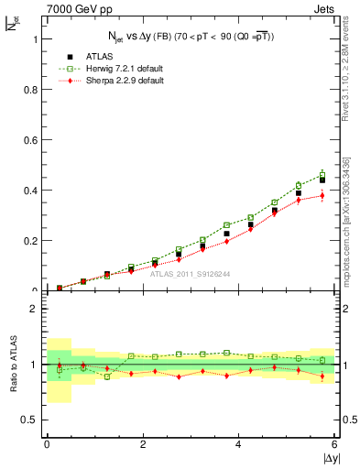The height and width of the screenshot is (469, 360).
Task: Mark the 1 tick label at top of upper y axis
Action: pyautogui.click(x=35, y=39)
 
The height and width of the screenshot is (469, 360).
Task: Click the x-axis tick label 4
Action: pyautogui.click(x=238, y=444)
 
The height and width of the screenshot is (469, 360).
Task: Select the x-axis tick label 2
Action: pyautogui.click(x=142, y=444)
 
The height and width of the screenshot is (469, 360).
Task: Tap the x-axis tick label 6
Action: pyautogui.click(x=334, y=444)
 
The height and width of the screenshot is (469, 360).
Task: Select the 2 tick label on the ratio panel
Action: pyautogui.click(x=35, y=309)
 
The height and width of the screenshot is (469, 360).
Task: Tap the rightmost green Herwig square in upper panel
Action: pyautogui.click(x=322, y=174)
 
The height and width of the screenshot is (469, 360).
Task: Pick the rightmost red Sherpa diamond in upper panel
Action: pyautogui.click(x=322, y=195)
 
